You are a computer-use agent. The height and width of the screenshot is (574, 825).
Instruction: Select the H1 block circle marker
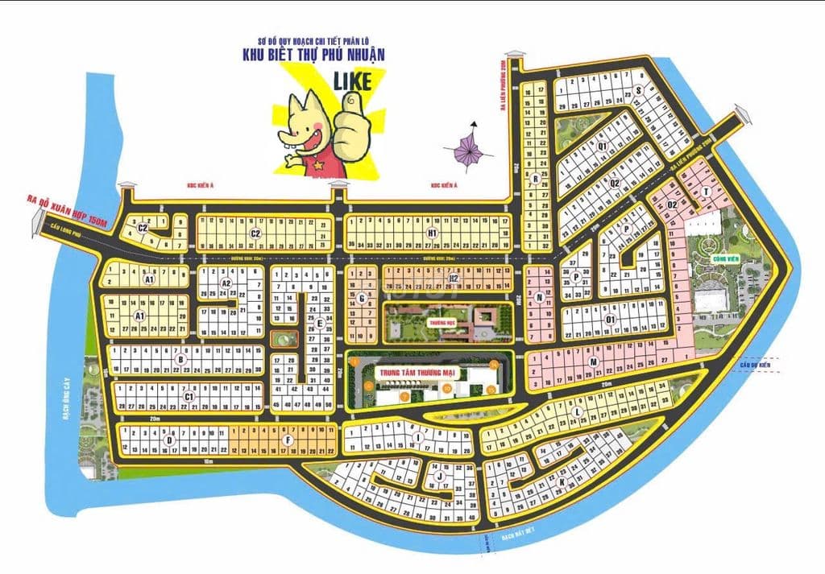coord(432,233)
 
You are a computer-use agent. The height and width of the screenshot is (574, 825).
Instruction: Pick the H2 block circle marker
coord(453,279)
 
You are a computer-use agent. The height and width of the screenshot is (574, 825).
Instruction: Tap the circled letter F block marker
coord(288,440)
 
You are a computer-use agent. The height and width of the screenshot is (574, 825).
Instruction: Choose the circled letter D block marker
coord(169,440)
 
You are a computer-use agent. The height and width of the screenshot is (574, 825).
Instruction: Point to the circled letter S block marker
coord(637,91)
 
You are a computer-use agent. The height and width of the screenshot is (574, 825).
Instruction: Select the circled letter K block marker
coord(562,481)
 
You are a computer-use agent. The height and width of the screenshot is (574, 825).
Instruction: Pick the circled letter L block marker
coord(578,413)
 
